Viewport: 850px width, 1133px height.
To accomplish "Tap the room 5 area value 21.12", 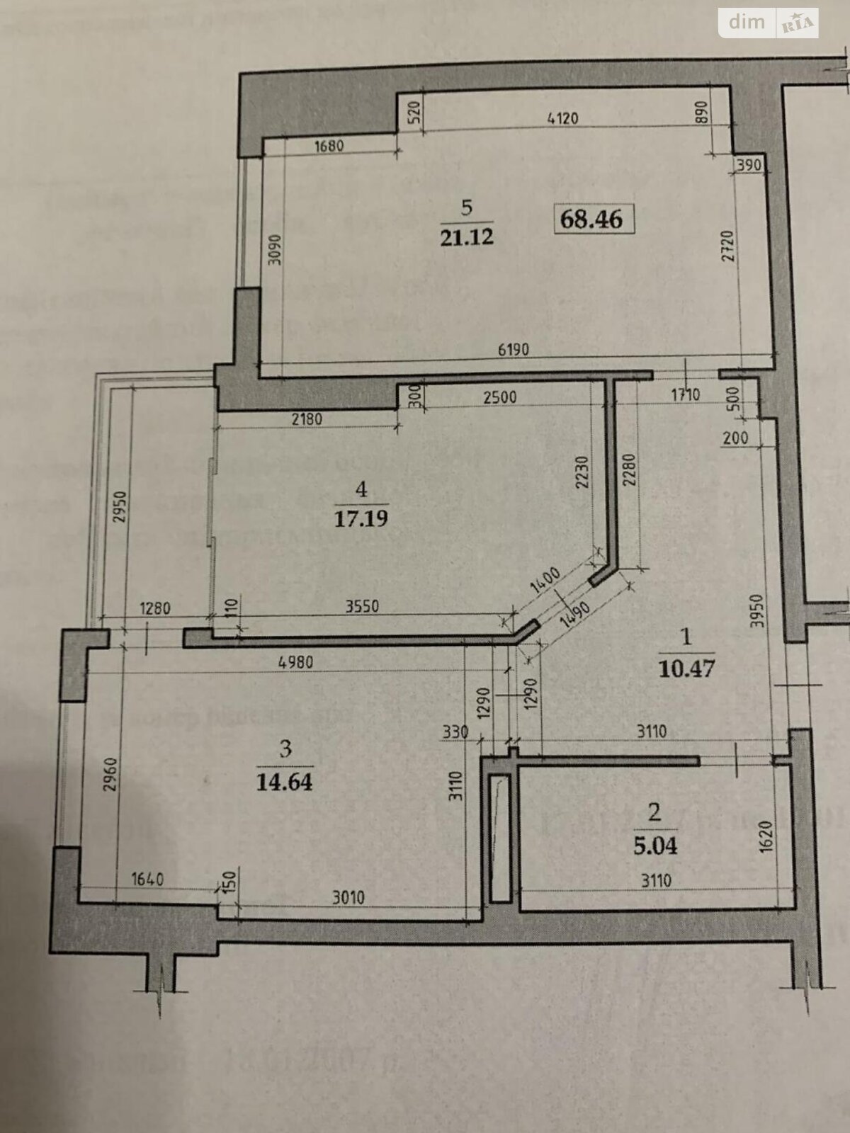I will [467, 237].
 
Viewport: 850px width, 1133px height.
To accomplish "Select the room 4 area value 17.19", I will [361, 518].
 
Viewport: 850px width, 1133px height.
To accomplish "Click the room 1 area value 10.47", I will [686, 668].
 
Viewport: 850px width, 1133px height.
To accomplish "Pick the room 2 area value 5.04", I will [655, 846].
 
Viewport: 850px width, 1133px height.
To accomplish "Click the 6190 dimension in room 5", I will [514, 350].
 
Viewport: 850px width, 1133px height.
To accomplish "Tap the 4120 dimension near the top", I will [563, 118].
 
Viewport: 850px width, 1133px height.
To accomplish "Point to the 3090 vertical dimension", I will [276, 249].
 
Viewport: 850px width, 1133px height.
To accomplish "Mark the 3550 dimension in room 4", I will [363, 607].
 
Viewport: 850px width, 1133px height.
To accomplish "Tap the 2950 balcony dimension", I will [118, 507].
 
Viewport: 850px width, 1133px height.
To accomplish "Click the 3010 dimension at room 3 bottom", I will [348, 899].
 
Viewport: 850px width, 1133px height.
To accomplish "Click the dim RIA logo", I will [769, 23].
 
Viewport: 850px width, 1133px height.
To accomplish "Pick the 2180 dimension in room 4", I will [305, 419].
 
